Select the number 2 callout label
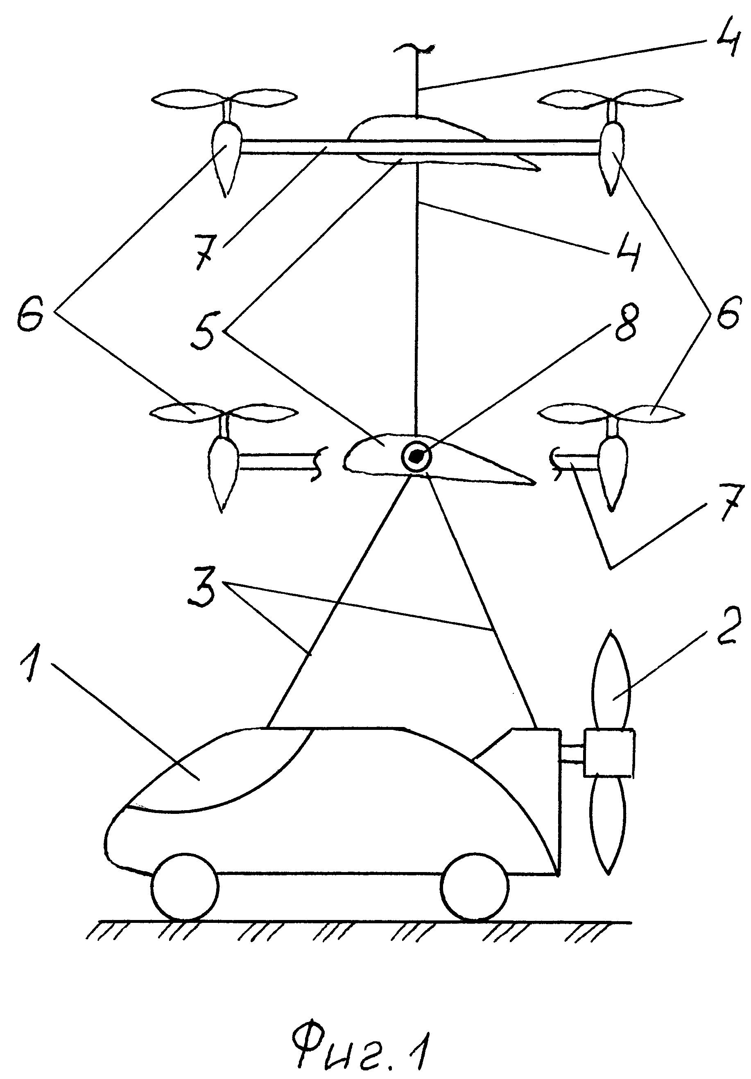tap(723, 625)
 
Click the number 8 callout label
tap(623, 325)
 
